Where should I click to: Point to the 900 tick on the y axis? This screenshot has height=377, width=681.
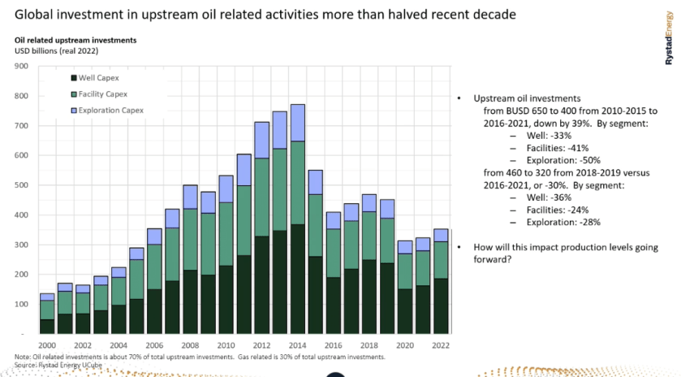(23, 67)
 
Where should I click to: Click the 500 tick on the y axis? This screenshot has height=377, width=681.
(23, 185)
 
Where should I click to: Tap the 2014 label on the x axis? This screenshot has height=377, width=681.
(298, 344)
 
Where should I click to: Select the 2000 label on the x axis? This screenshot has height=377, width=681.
(48, 344)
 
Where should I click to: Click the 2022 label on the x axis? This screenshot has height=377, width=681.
(441, 344)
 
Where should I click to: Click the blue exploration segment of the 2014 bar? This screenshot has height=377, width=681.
(298, 123)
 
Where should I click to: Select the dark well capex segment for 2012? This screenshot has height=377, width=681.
(262, 284)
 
